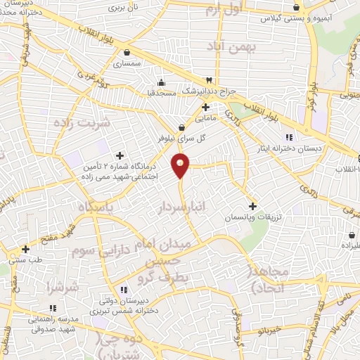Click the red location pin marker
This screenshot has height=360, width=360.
[x=181, y=166]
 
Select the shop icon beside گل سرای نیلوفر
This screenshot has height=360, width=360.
[x=183, y=127]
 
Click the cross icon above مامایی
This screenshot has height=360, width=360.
[x=205, y=108]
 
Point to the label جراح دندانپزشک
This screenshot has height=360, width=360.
[x=209, y=91]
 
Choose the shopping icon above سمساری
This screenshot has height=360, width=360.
[x=126, y=52]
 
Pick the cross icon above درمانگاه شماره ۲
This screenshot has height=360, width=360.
[x=119, y=155]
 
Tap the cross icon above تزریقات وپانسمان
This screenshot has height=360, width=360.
[x=253, y=206]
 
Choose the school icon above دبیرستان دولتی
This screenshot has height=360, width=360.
[x=124, y=289]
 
